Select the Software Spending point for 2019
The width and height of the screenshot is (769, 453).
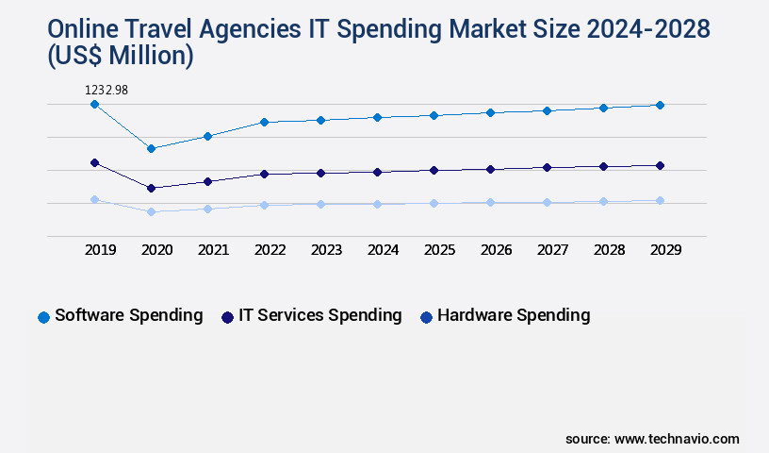tap(94, 105)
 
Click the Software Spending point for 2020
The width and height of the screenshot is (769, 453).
tap(151, 148)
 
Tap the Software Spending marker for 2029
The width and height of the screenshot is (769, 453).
tap(660, 105)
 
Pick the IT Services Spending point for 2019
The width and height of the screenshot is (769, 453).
tap(94, 163)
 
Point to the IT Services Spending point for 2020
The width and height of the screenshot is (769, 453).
tap(151, 188)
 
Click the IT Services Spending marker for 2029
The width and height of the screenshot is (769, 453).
tap(660, 166)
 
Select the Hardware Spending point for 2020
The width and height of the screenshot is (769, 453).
tap(151, 211)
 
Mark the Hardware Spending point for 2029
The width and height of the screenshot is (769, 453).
tap(660, 200)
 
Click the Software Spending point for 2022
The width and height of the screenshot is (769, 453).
tap(264, 122)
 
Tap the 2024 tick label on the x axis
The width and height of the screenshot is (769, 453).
tap(384, 250)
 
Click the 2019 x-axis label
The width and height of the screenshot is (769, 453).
tap(101, 250)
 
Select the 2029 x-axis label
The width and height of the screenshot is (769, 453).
tap(666, 250)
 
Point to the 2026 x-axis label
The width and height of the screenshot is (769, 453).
tap(497, 250)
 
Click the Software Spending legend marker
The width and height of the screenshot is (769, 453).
tap(43, 317)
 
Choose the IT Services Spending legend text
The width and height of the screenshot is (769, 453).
tap(319, 315)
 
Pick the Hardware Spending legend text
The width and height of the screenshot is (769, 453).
tap(514, 315)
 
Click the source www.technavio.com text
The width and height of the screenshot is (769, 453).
tap(652, 439)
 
